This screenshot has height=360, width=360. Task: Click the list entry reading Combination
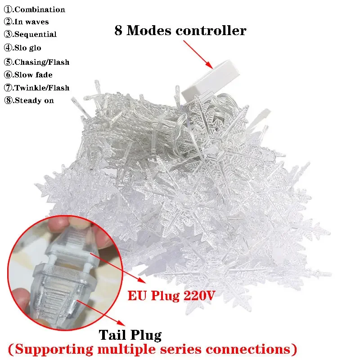coord(40,9)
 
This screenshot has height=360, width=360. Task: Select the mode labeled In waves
coord(31,22)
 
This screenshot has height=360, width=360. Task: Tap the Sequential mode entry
coord(36,34)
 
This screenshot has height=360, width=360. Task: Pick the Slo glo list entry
coord(28,48)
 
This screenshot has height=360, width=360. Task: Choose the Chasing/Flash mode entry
coord(41,62)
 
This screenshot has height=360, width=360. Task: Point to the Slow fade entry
coord(33,75)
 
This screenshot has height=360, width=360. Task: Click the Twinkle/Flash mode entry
coord(41,88)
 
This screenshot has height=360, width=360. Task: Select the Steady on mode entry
coord(34,100)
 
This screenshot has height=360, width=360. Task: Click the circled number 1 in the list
coord(8,9)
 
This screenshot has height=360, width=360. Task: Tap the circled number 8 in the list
coord(8,100)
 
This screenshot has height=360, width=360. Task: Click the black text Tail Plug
coord(130,334)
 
